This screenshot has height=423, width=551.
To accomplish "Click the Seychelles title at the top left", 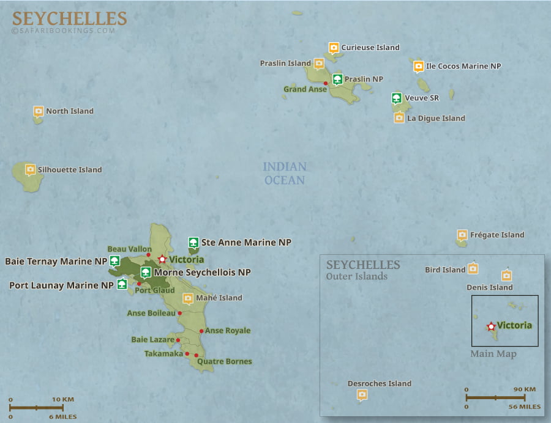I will click(69, 18).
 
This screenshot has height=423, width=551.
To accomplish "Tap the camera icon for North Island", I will click(39, 111).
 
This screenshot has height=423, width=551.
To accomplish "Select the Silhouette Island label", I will click(70, 170).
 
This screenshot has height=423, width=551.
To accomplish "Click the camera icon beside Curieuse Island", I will click(334, 47).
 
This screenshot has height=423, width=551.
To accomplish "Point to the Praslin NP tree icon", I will click(337, 78).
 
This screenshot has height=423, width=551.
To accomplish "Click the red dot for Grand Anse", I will click(326, 83).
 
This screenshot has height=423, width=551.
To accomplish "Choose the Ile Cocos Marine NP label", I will click(463, 66).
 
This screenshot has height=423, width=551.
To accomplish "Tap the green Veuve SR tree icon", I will click(396, 97).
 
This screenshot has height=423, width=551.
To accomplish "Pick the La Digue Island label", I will click(436, 119).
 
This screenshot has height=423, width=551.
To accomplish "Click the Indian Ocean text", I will click(285, 173).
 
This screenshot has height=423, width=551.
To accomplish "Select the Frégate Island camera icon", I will click(462, 235).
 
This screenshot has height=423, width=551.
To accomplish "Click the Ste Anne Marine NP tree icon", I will click(193, 242).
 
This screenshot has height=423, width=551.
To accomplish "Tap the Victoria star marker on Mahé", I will click(162, 259).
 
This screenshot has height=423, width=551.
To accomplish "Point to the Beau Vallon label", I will click(129, 249).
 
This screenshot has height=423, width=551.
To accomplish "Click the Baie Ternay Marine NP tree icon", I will click(114, 261).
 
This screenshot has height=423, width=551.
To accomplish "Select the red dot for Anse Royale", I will click(201, 331).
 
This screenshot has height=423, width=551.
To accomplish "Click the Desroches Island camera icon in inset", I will click(362, 395).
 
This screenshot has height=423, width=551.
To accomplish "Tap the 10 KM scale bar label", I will click(63, 399).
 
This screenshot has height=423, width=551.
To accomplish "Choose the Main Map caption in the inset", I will click(493, 354).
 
